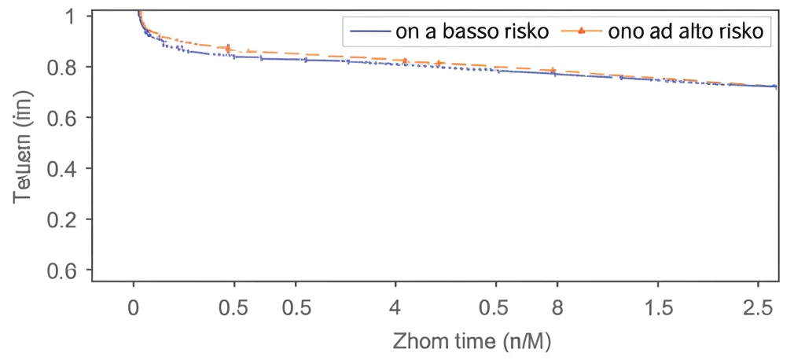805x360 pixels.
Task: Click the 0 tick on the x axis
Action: tap(134, 307)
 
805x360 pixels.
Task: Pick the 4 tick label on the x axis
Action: tap(395, 307)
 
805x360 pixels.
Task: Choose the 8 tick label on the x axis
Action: tap(557, 307)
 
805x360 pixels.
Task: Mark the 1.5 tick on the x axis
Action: tap(659, 307)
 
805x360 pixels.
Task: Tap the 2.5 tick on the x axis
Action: tap(758, 307)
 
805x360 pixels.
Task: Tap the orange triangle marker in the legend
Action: tap(581, 31)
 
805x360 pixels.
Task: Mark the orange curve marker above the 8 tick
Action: tap(553, 71)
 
